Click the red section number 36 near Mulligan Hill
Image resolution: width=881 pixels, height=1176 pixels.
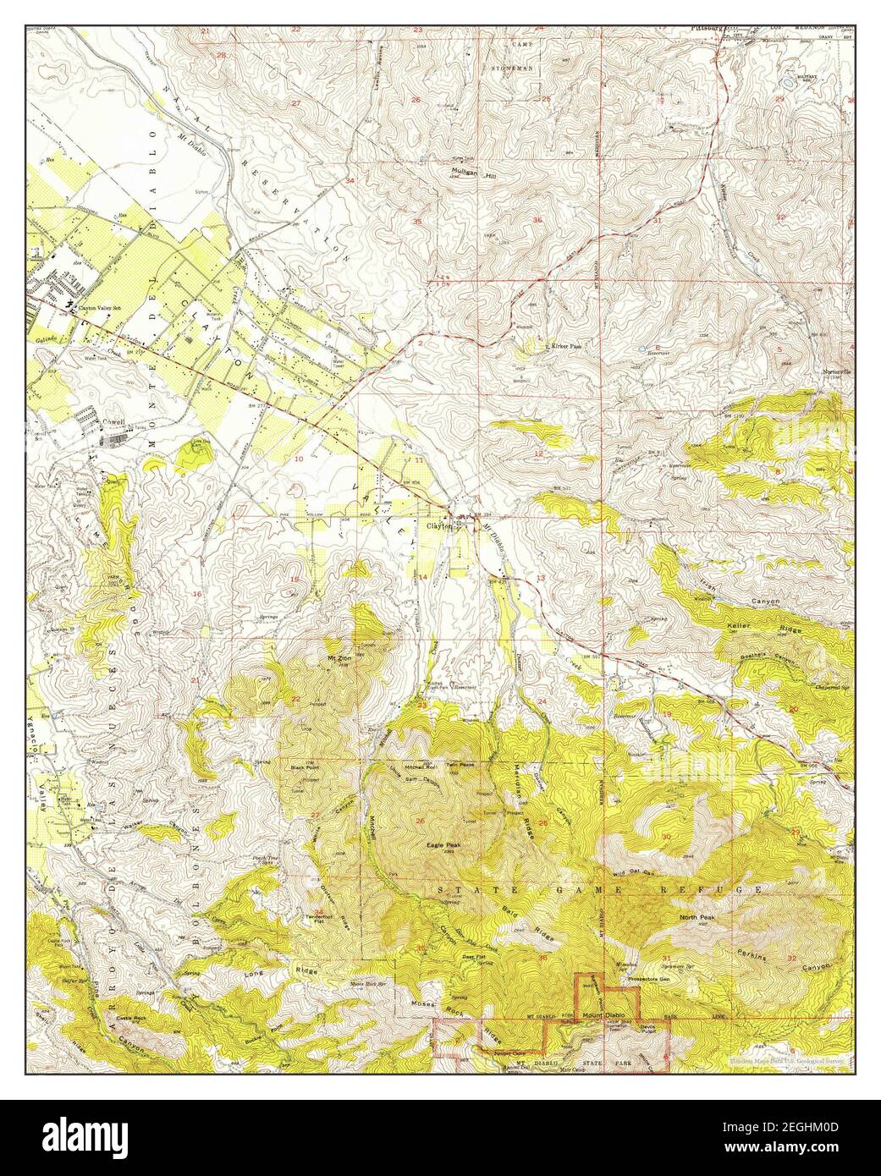click(537, 220)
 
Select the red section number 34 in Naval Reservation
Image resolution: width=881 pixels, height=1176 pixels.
click(350, 181)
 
